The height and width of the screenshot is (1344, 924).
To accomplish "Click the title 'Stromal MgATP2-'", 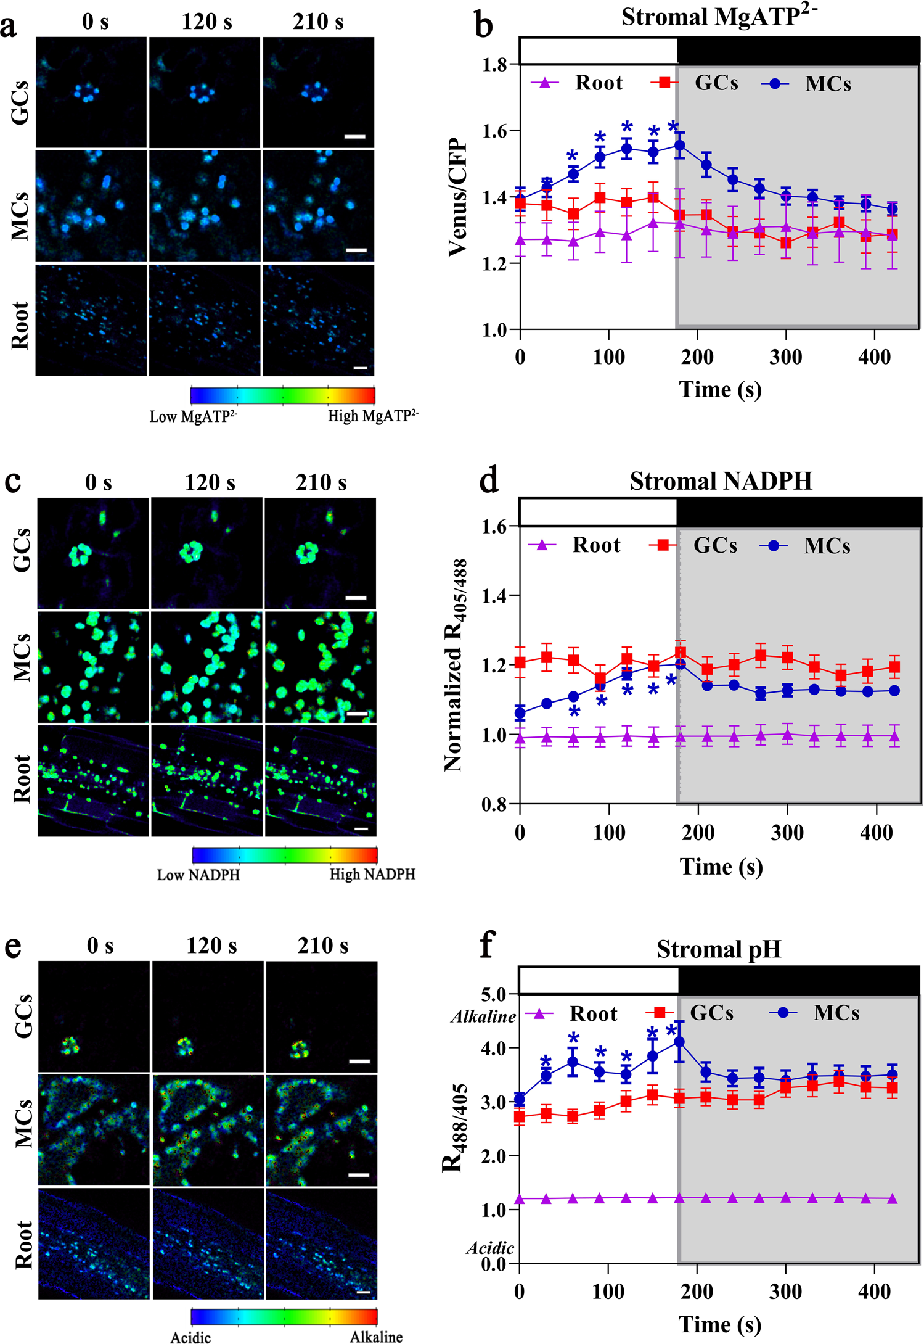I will (x=718, y=17).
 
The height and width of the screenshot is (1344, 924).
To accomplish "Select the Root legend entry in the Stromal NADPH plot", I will (x=595, y=545).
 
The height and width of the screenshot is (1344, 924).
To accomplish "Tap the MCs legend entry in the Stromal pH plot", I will (x=835, y=1013).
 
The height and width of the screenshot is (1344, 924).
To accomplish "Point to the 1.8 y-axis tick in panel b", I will (x=495, y=65).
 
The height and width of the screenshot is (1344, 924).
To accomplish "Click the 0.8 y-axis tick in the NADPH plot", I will (x=495, y=804).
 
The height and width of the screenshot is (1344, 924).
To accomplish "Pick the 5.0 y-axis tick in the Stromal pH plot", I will (x=493, y=995).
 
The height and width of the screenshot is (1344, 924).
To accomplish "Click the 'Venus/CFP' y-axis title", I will (x=458, y=197).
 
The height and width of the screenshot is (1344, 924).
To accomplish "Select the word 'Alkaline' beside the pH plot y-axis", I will (x=483, y=1017).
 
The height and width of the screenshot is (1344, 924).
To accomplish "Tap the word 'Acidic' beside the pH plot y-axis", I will (x=490, y=1248).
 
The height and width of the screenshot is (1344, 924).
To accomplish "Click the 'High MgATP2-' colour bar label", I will (x=372, y=416).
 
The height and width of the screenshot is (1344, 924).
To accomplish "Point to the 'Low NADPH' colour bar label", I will (x=198, y=875).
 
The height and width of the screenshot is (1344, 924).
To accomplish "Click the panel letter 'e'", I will (x=13, y=946).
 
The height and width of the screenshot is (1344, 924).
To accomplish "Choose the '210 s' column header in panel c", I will (x=321, y=482).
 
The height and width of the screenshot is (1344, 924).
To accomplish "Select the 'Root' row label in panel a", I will (x=20, y=325).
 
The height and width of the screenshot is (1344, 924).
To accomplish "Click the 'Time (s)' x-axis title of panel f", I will (x=719, y=1324).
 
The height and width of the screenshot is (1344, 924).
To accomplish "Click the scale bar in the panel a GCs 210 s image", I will (x=355, y=137).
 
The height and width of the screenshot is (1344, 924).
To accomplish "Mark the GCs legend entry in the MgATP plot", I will (x=715, y=83).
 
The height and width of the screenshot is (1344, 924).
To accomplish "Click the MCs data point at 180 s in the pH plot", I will (x=679, y=1042).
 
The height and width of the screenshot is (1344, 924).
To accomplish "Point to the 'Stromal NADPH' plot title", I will (x=720, y=481).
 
